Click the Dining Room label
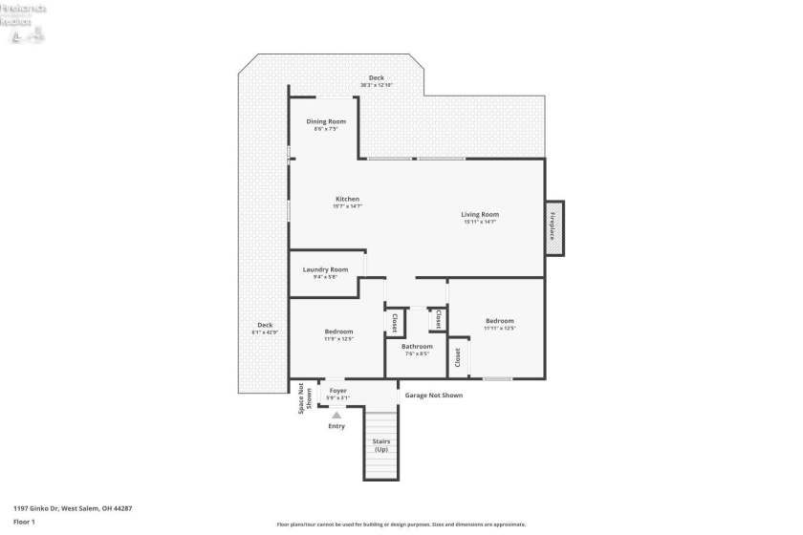326,121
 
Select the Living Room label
480,214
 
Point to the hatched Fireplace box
554,228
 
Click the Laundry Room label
325,269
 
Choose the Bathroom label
417,346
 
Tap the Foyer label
338,391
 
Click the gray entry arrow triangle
336,414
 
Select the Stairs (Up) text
380,445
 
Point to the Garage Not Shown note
433,395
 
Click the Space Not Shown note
305,397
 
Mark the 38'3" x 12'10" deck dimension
377,85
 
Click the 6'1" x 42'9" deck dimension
265,332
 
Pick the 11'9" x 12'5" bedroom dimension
338,338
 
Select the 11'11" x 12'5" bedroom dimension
500,328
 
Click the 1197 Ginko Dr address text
73,508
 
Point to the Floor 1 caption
24,522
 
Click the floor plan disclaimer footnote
401,524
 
